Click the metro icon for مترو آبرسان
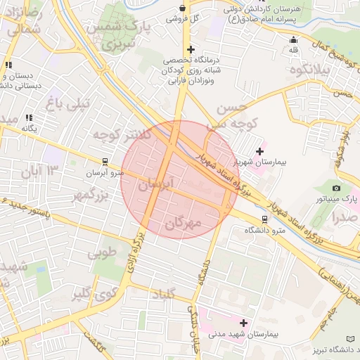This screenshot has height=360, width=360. [x=105, y=161]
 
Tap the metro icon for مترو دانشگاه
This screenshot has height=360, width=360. [x=264, y=219]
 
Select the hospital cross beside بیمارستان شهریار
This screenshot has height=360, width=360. [x=260, y=151]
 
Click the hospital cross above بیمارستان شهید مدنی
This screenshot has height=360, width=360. [x=244, y=323]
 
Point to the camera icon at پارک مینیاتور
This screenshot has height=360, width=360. [x=337, y=188]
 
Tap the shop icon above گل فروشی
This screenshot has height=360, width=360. [x=183, y=8]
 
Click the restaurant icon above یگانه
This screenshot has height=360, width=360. [x=29, y=118]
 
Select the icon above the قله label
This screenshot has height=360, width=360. [x=293, y=40]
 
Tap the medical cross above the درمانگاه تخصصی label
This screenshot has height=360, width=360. [x=190, y=49]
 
